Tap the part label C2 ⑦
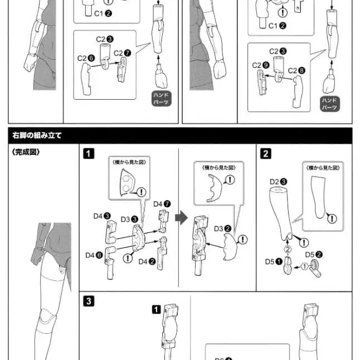point(122,53)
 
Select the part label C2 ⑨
point(260,65)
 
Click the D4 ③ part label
point(101,215)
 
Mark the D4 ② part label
point(147,261)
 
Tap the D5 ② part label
point(314,254)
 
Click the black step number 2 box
point(266,153)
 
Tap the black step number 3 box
point(89,301)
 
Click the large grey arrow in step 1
point(180,217)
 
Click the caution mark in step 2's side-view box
point(333,218)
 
